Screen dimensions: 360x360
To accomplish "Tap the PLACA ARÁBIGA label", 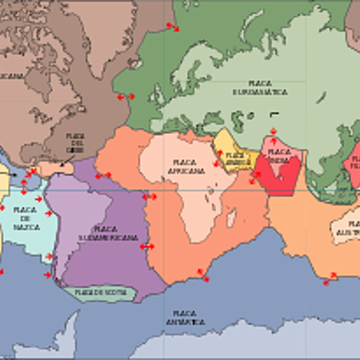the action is (x=236, y=157).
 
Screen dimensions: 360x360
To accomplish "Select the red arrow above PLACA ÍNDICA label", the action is (x=274, y=133).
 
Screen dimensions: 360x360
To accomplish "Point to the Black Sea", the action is (x=214, y=114).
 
